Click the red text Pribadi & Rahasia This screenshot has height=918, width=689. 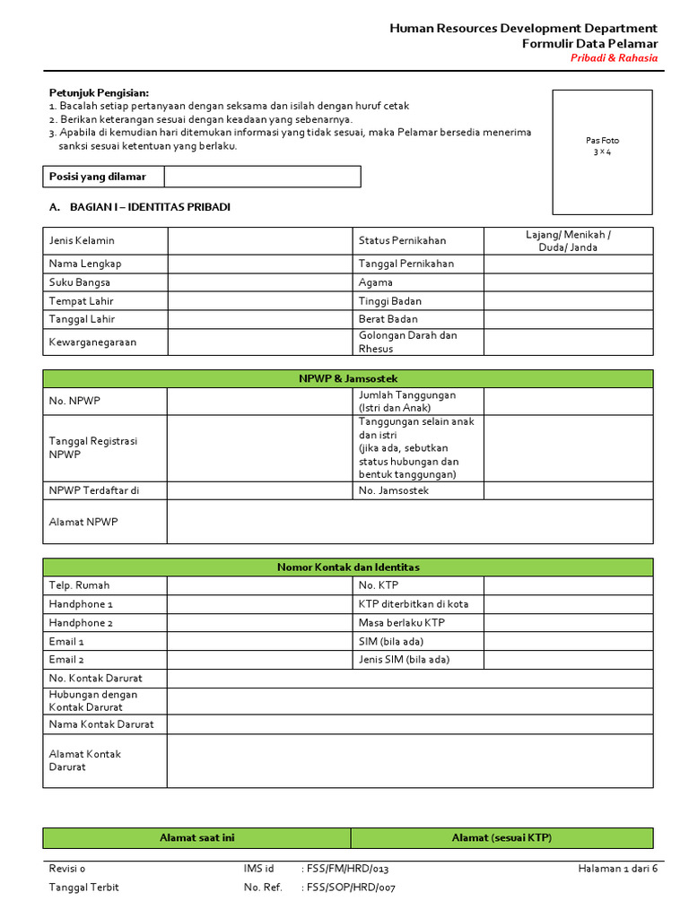click(x=614, y=58)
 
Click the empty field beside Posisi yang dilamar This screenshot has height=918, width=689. click(x=262, y=177)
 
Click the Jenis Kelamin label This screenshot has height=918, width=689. click(x=82, y=241)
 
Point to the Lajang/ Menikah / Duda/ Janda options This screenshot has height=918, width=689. click(x=568, y=241)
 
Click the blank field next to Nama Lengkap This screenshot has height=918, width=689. click(x=259, y=264)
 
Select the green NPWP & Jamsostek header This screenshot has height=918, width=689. click(x=347, y=379)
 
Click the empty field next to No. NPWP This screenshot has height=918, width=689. click(x=259, y=402)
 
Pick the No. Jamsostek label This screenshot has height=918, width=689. click(x=394, y=490)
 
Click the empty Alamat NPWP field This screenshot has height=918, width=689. click(x=409, y=522)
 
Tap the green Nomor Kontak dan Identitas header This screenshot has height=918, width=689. click(x=347, y=567)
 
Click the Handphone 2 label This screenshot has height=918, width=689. click(x=81, y=622)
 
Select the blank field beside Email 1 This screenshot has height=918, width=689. click(x=259, y=641)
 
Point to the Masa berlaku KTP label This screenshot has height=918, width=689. click(x=401, y=622)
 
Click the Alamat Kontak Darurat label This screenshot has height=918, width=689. click(x=85, y=760)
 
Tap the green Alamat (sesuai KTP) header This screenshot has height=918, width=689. click(x=501, y=838)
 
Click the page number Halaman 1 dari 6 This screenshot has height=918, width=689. click(x=617, y=869)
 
